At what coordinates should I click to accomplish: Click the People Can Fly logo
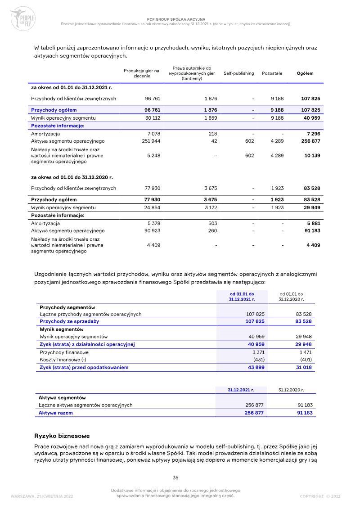pyautogui.click(x=22, y=18)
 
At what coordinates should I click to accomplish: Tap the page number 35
pyautogui.click(x=175, y=477)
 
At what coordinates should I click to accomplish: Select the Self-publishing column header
pyautogui.click(x=238, y=73)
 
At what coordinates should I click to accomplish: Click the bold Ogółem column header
pyautogui.click(x=305, y=73)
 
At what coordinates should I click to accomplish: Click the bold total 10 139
pyautogui.click(x=310, y=156)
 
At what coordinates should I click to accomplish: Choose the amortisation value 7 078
pyautogui.click(x=153, y=134)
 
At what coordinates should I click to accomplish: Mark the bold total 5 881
pyautogui.click(x=312, y=223)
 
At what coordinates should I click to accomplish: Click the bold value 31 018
pyautogui.click(x=304, y=367)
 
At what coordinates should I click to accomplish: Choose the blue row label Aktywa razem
pyautogui.click(x=55, y=413)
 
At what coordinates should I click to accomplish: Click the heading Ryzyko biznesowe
pyautogui.click(x=62, y=436)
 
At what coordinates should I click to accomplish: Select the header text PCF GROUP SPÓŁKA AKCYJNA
pyautogui.click(x=177, y=19)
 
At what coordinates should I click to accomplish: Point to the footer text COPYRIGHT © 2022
pyautogui.click(x=320, y=496)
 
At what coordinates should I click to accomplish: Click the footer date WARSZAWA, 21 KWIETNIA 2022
pyautogui.click(x=41, y=496)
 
